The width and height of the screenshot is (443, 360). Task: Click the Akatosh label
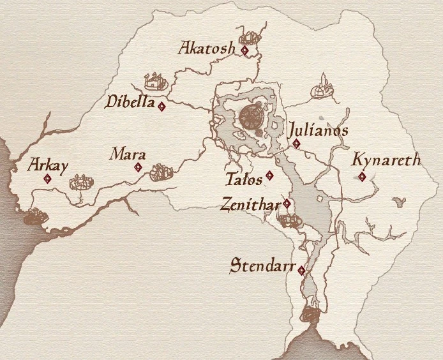pos(207,48)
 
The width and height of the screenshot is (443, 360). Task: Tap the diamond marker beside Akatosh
pos(244,50)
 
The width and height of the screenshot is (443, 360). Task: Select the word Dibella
pos(131,101)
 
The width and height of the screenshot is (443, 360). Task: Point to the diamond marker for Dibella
pos(162,107)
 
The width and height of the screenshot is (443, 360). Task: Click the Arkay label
pos(49,165)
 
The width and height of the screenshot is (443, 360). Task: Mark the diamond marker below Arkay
pos(47,179)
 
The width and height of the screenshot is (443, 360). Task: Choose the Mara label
pos(128,154)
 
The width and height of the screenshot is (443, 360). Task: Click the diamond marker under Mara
pos(138,168)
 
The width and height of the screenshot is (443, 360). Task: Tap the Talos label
pos(244,178)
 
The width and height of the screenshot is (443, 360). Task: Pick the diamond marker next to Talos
pos(269,176)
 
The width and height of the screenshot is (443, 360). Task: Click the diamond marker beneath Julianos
pos(296,144)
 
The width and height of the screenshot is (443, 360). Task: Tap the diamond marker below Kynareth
pos(362,177)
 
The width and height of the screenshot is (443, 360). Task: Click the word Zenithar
pos(250,204)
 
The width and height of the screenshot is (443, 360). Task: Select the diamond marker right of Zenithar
pos(287,204)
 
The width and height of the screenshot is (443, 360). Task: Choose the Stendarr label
pos(262,266)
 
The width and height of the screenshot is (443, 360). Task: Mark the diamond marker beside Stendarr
pos(301,271)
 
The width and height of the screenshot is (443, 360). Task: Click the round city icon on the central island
pos(251,117)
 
